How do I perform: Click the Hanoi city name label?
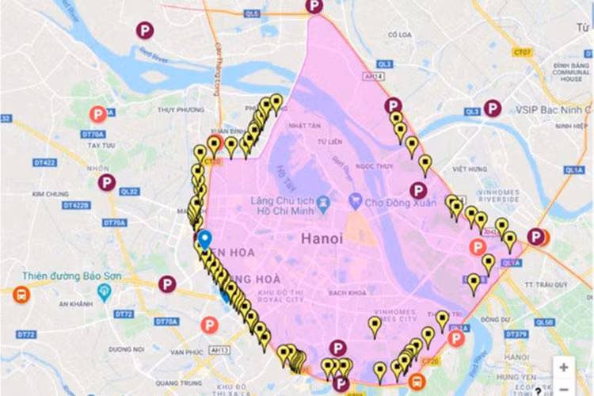(322, 237)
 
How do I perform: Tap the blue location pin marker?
(204, 239)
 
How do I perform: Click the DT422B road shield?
(76, 205)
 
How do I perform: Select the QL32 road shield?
(128, 192)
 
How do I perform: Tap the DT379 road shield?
(516, 334)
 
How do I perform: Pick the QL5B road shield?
(543, 322)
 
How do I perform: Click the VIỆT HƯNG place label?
(469, 169)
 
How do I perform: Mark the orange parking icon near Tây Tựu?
(97, 115)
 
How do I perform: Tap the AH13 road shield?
(221, 350)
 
